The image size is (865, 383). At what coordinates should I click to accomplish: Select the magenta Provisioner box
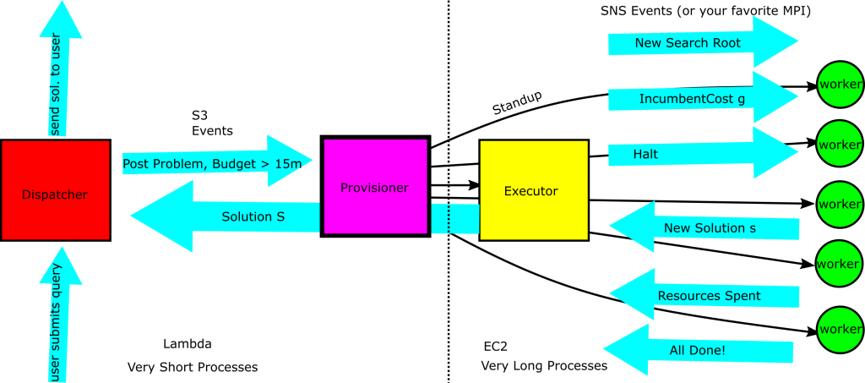pyautogui.click(x=375, y=187)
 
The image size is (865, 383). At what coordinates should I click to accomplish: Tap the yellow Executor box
pyautogui.click(x=533, y=190)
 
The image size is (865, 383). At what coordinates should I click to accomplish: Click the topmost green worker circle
pyautogui.click(x=840, y=84)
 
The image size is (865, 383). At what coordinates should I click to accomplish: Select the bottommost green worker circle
pyautogui.click(x=840, y=329)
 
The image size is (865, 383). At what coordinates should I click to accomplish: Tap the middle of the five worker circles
pyautogui.click(x=840, y=204)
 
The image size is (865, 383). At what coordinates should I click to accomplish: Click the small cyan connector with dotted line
pyautogui.click(x=454, y=219)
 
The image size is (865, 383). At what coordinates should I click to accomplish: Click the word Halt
pyautogui.click(x=645, y=155)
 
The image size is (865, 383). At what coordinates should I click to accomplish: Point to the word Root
pyautogui.click(x=725, y=42)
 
